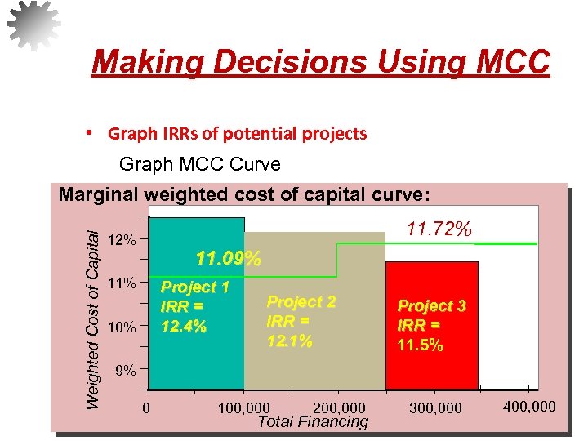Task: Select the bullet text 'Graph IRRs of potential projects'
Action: [x=238, y=133]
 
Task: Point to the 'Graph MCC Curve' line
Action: [x=199, y=164]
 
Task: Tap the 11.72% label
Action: [x=439, y=230]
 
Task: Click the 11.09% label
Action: [x=229, y=260]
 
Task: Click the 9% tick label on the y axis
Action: [x=125, y=371]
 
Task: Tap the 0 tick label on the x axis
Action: [x=145, y=407]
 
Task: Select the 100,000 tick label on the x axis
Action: [x=245, y=407]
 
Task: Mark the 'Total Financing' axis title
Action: [x=313, y=421]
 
